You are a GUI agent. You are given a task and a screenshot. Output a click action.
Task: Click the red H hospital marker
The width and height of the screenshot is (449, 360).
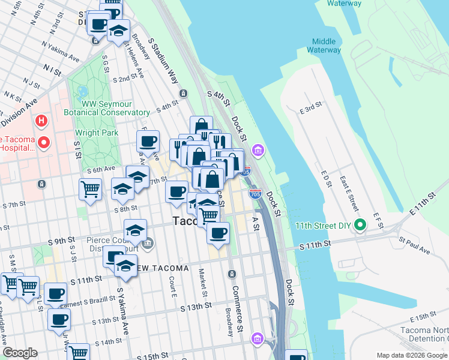41,121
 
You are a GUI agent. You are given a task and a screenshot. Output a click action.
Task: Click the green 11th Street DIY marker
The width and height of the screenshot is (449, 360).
360,226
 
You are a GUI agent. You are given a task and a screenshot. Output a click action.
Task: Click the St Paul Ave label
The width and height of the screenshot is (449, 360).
412,241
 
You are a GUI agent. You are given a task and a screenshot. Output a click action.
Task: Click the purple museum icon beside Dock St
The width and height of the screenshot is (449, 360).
258,149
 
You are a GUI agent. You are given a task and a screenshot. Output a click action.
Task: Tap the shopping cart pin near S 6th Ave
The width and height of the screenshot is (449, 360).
90,190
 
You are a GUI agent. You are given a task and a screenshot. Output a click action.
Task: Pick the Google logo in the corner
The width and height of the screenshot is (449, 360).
20,353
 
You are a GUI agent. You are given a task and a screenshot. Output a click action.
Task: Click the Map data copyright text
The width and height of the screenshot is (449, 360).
412,355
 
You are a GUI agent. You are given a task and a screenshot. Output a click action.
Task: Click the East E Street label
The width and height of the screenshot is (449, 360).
352,193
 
